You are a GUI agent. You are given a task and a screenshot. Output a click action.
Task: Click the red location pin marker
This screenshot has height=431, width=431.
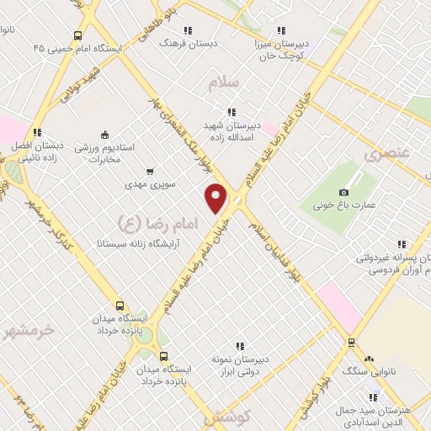click(x=217, y=198)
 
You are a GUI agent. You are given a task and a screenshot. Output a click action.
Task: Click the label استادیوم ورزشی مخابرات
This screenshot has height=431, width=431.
click(x=104, y=152)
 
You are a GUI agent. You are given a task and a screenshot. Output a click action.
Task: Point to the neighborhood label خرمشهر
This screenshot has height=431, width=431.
click(x=29, y=329)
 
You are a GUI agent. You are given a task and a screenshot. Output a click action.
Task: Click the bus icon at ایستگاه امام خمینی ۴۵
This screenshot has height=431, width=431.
click(x=78, y=36)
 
